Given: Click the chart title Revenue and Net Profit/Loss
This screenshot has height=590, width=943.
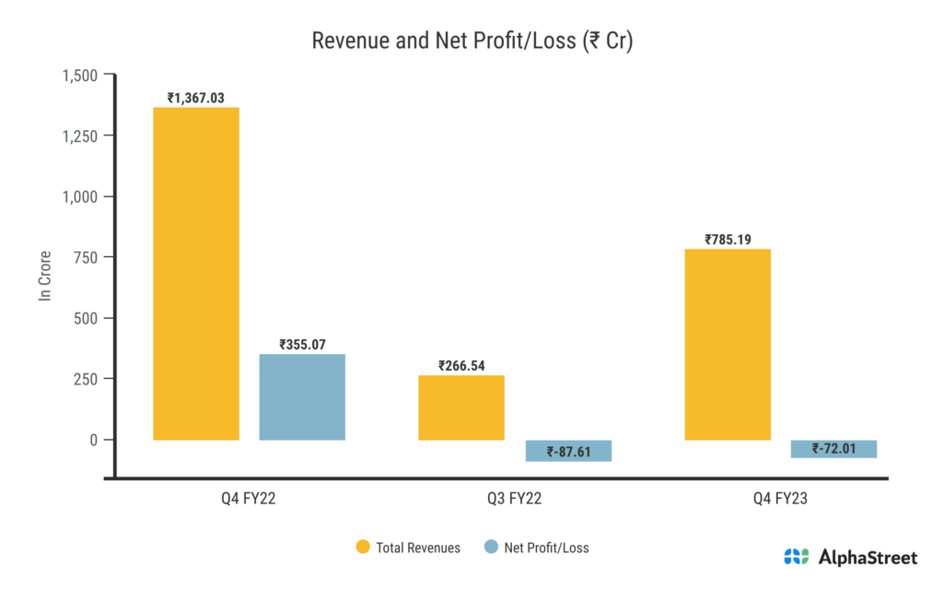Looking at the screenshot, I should click(471, 41).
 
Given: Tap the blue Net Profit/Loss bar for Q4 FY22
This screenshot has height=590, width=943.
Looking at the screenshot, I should click(302, 397).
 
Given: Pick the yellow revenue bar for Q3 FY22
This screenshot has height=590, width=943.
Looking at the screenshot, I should click(461, 407).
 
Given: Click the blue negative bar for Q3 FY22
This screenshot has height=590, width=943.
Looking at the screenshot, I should click(568, 451).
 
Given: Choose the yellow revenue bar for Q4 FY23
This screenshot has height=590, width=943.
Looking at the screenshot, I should click(728, 345).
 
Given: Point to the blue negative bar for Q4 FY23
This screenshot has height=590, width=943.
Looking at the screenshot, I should click(833, 449).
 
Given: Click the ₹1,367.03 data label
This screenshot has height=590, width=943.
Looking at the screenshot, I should click(196, 98).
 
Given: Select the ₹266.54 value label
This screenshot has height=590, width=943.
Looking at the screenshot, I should click(461, 365).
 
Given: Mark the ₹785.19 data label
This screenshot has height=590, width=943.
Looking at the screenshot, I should click(728, 240).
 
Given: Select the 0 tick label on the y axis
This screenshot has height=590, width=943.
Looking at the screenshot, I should click(92, 440).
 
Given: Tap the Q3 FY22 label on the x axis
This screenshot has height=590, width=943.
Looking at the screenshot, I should click(515, 499).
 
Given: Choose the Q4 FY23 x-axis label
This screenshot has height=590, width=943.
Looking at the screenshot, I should click(780, 499).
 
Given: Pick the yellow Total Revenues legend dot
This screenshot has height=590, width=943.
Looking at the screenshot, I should click(363, 548).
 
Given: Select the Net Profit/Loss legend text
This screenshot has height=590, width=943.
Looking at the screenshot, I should click(546, 548).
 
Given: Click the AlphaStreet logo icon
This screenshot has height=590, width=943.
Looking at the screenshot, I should click(797, 557).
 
